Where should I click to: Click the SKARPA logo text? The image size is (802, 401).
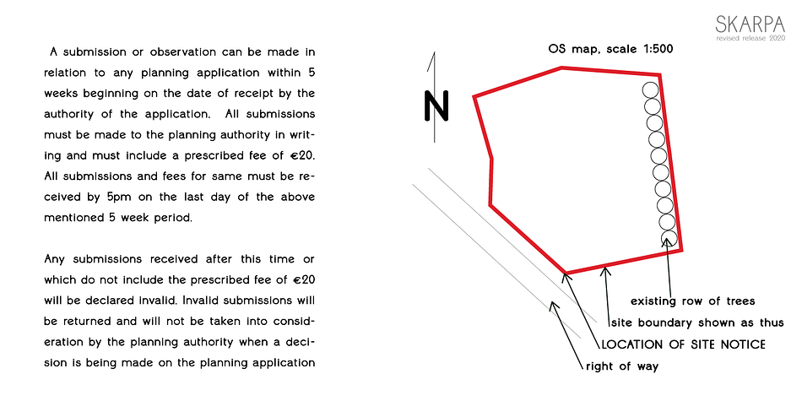[x=750, y=24]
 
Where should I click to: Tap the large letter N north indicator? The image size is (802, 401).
[x=436, y=106]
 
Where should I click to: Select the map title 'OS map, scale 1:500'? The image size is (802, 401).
[x=610, y=50]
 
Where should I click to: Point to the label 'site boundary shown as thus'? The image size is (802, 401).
[x=697, y=322]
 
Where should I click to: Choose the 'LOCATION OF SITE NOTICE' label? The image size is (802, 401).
[x=683, y=344]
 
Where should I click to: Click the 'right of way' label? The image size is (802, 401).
[x=622, y=366]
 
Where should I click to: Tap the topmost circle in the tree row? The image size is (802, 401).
[x=651, y=90]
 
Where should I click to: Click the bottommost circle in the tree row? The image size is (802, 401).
[x=669, y=238]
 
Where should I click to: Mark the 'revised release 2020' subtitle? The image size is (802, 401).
[x=751, y=39]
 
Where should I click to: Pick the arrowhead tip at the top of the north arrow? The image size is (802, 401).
[x=434, y=52]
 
